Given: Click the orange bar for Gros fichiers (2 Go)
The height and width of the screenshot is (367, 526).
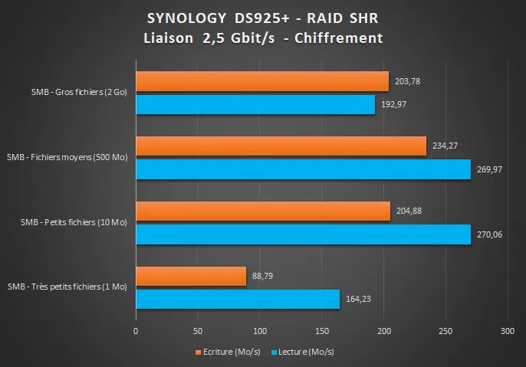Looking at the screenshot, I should pos(262,81).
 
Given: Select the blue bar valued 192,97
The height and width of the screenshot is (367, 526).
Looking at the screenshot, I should pos(255,105).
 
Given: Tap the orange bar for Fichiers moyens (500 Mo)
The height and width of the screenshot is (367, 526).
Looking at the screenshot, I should pos(281,146).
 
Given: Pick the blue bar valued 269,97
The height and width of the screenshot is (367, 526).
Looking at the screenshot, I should pos(303,169).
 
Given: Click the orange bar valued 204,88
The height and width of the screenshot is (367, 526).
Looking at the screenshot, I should pos(263,211).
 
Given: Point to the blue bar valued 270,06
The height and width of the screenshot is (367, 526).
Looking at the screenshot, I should pos(303,234).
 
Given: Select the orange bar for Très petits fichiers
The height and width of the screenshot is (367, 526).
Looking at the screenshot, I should pos(191,277).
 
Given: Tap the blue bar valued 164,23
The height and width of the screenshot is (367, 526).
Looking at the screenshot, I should pos(238,300).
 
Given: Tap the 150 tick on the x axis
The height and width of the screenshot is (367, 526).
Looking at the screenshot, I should pos(321,333).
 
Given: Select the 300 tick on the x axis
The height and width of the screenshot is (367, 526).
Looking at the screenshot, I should pos(507,333).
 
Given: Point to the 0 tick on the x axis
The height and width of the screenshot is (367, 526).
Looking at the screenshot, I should pos(136,333).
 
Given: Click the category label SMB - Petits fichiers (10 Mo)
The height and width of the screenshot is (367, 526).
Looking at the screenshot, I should pos(74,223).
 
